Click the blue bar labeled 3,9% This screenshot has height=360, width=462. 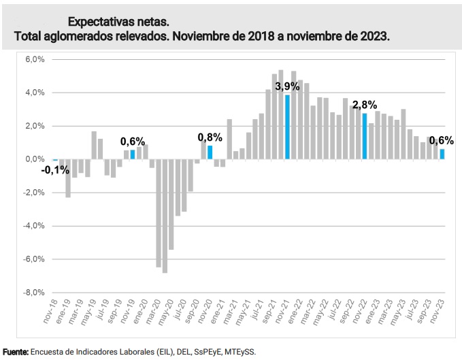pos(288,127)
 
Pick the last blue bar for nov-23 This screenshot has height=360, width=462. pos(442,154)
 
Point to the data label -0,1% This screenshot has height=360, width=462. pos(55,170)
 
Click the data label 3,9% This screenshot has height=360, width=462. pos(287,86)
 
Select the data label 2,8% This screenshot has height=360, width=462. pos(365,105)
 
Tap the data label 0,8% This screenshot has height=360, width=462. pos(210,137)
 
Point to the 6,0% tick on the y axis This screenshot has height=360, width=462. pos(35,59)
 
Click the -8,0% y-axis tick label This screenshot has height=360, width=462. pos(34,293)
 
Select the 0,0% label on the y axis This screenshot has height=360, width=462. pos(35,159)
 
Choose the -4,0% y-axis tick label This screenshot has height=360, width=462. pos(34,226)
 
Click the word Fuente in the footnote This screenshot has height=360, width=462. pos(15,352)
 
